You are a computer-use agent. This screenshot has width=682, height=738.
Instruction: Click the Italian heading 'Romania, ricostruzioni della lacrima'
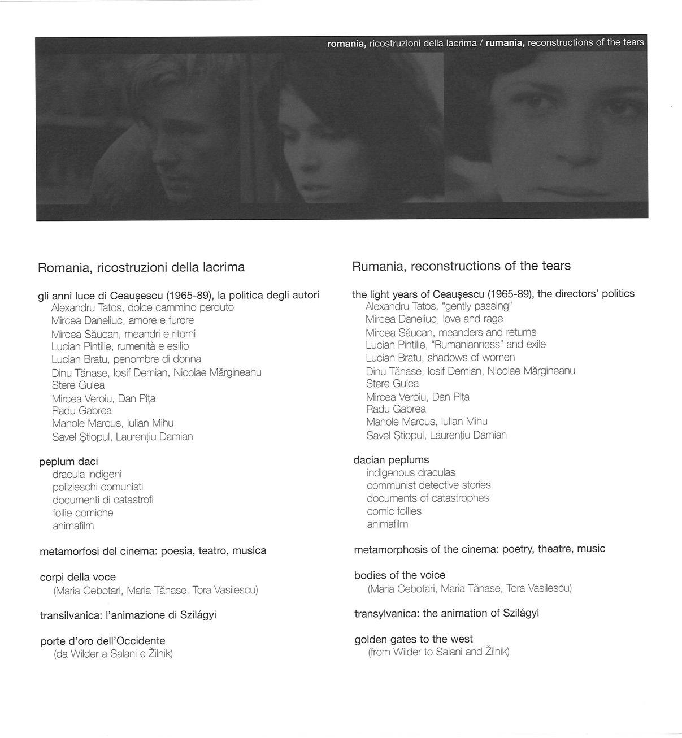[x=141, y=267]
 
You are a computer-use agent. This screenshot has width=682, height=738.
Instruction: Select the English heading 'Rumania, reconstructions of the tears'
[x=461, y=266]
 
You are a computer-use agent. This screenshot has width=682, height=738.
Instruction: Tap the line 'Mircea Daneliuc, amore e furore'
[x=123, y=320]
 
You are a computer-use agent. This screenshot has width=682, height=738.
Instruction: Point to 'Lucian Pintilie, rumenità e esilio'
[x=120, y=346]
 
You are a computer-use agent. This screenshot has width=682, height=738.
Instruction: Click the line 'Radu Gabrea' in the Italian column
[x=82, y=410]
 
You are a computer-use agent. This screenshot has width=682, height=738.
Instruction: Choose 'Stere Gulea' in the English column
[x=392, y=383]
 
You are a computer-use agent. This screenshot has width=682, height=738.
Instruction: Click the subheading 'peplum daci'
[x=68, y=461]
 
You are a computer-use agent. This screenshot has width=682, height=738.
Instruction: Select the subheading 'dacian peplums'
[x=391, y=459]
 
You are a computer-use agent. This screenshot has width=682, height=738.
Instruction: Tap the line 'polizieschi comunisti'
[x=98, y=487]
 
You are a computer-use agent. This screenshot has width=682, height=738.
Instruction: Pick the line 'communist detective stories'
[x=428, y=485]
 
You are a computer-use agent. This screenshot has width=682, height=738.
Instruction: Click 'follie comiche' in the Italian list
[x=83, y=513]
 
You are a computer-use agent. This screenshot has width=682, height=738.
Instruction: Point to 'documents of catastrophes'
[x=428, y=498]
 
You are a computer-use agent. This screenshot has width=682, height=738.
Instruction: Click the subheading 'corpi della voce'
[x=78, y=577]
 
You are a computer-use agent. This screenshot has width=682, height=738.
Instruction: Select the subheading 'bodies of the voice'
[x=399, y=575]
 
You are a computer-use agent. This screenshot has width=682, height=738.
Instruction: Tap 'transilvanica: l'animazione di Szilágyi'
[x=128, y=615]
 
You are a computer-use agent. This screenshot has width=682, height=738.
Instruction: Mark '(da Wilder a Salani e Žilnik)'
[x=113, y=654]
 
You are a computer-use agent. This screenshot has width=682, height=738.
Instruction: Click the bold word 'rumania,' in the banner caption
[x=505, y=43]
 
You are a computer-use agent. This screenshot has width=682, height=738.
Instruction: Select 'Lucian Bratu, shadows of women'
[x=440, y=357]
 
